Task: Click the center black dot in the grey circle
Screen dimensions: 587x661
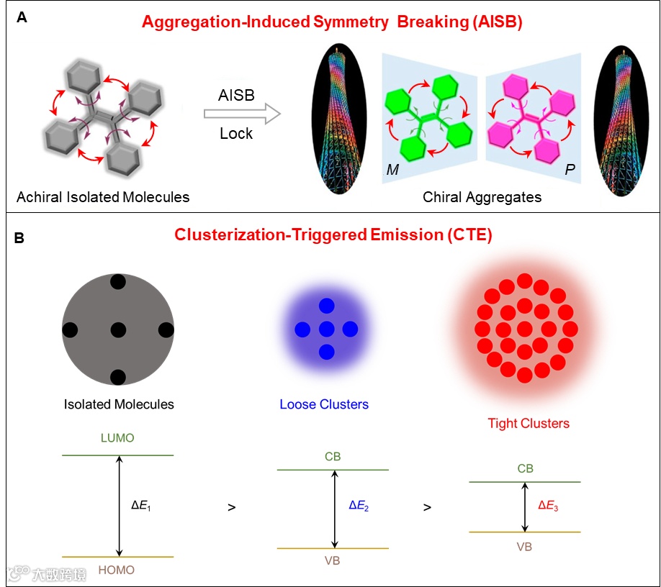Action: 119,330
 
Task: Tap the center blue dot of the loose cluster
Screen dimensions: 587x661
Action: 326,329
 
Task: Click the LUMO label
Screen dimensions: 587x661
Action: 119,438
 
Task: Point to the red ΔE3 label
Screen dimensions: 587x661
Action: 549,506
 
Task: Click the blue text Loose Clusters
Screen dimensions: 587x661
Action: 324,404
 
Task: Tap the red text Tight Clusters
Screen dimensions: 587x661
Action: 529,423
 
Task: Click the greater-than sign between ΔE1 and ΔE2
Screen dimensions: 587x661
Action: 231,507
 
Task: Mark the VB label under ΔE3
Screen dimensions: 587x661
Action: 524,547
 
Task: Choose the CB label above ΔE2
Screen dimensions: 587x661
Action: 333,457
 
